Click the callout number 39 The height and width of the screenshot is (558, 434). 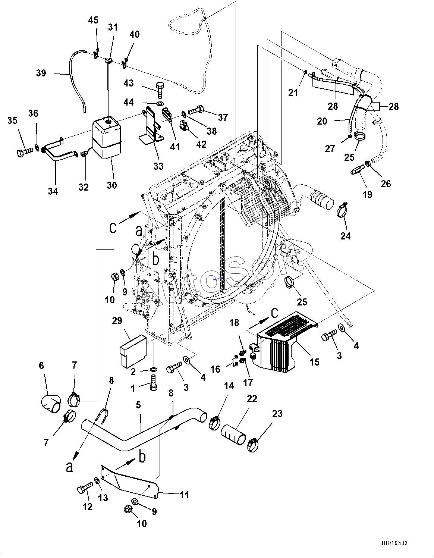pos(41,73)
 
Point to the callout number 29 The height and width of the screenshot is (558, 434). pos(117,321)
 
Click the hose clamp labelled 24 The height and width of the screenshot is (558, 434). pos(345,211)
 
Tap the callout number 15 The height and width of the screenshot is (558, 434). pos(314,362)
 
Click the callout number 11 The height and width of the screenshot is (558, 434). pos(185,495)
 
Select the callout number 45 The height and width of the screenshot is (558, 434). pos(93,20)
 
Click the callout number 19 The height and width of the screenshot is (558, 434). pos(367,194)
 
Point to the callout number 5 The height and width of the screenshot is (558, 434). pos(138,405)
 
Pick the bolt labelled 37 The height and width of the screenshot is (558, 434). pos(196,110)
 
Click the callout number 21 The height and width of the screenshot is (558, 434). pos(293,92)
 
